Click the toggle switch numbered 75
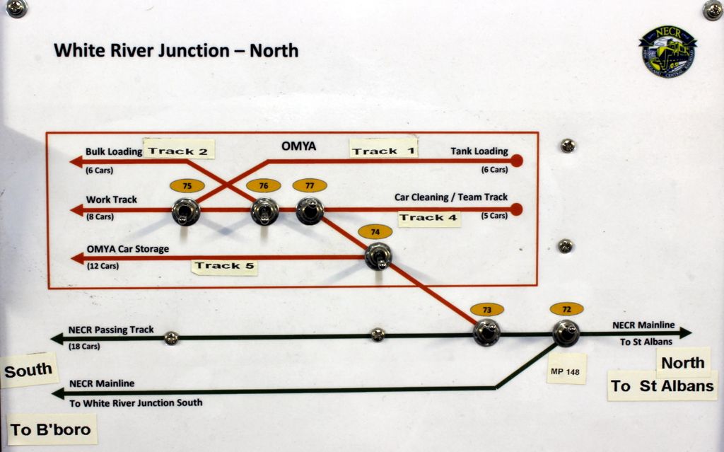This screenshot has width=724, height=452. click(x=186, y=211)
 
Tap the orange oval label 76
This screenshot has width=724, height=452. click(x=263, y=185)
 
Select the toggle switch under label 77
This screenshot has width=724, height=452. click(x=310, y=211)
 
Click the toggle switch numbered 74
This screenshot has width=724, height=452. click(x=378, y=256)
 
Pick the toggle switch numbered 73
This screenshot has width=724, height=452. click(x=486, y=332)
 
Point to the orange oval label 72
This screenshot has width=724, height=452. click(x=567, y=309)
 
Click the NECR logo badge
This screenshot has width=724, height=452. click(x=668, y=51)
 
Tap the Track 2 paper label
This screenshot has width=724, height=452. click(x=178, y=151)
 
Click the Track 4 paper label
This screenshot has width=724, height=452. click(x=428, y=218)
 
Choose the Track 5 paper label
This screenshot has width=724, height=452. click(x=225, y=266)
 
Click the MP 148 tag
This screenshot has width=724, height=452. click(x=566, y=370)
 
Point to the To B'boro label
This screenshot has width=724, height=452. click(x=51, y=429)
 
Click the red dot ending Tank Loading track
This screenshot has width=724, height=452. click(x=517, y=161)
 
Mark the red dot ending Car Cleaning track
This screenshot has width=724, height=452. click(x=517, y=209)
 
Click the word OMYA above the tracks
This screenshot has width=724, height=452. click(x=298, y=146)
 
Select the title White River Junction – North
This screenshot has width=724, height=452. click(x=176, y=51)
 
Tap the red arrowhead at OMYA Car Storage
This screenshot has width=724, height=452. click(x=76, y=258)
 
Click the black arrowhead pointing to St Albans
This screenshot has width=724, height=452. click(x=684, y=332)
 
